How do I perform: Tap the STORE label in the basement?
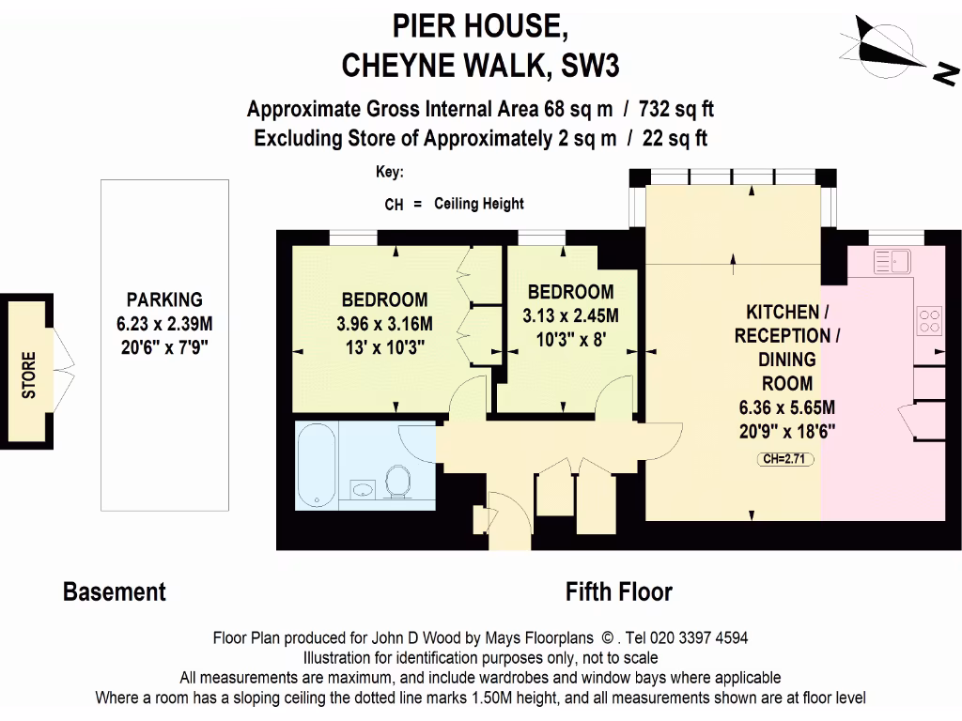pyautogui.click(x=29, y=375)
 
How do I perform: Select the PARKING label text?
pyautogui.click(x=164, y=300)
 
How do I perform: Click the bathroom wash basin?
pyautogui.click(x=363, y=489)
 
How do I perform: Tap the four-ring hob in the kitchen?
pyautogui.click(x=929, y=320)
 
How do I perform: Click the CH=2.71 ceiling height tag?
pyautogui.click(x=786, y=459)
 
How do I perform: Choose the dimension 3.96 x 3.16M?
pyautogui.click(x=383, y=325)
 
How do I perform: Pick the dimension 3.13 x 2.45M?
pyautogui.click(x=570, y=316)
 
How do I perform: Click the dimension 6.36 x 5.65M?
pyautogui.click(x=786, y=408)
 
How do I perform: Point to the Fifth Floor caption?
pyautogui.click(x=618, y=592)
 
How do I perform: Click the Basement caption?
pyautogui.click(x=114, y=592)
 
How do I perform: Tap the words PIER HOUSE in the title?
pyautogui.click(x=480, y=26)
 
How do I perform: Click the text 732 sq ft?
pyautogui.click(x=674, y=110)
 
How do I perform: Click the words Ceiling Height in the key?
pyautogui.click(x=478, y=204)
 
